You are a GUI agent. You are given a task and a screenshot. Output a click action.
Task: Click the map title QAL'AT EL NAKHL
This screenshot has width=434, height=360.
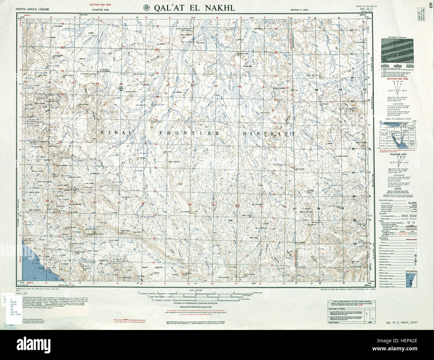[x=194, y=8]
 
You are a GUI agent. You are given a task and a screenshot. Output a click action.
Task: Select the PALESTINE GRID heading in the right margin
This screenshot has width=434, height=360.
[x=397, y=154]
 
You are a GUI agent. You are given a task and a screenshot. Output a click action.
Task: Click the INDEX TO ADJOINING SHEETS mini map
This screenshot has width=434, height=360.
[x=397, y=137]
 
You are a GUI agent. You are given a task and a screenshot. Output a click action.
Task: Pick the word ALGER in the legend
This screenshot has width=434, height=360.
[x=412, y=203]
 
